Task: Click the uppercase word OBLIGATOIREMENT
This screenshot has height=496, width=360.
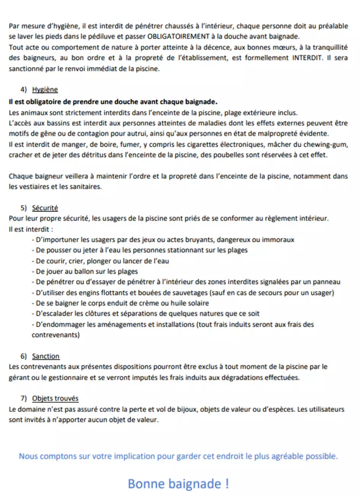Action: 178,37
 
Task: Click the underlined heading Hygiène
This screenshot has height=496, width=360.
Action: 45,90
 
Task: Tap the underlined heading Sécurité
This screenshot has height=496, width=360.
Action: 45,208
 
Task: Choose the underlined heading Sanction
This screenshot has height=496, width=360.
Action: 46,356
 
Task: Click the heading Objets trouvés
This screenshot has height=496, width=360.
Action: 55,398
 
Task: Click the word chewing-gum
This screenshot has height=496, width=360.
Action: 329,145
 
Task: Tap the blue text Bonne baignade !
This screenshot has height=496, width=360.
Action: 178,484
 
